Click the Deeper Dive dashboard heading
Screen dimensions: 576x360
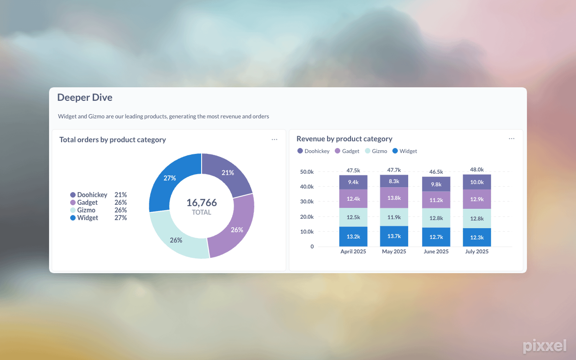click(85, 98)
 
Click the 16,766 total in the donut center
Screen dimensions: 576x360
click(202, 202)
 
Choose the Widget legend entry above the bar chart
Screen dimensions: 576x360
click(405, 151)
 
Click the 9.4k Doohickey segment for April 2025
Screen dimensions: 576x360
click(353, 182)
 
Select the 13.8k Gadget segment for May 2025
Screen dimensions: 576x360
click(394, 198)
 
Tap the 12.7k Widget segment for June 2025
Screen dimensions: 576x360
click(436, 237)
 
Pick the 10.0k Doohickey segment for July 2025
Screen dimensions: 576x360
click(477, 182)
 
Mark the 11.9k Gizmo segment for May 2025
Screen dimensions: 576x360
click(394, 217)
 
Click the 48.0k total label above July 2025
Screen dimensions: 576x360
click(477, 170)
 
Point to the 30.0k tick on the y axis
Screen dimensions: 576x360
click(307, 202)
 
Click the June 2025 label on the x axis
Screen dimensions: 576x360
click(436, 252)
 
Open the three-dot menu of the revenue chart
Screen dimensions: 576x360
click(512, 139)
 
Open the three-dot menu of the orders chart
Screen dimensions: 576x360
click(274, 139)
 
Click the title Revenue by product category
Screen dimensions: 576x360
click(344, 139)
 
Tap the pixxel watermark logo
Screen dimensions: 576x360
click(544, 346)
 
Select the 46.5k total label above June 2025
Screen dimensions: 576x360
click(436, 172)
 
